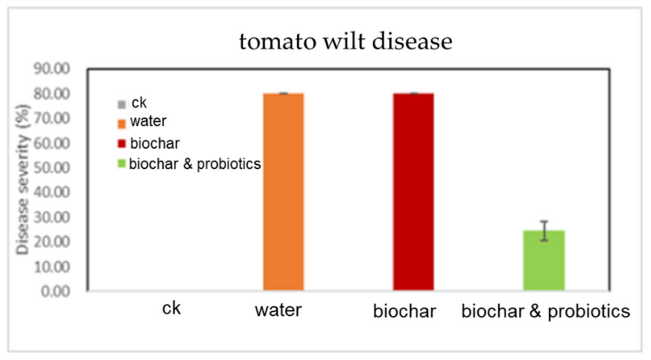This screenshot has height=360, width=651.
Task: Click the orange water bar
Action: [x=283, y=191]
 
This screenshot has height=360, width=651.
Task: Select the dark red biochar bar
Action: [x=413, y=191]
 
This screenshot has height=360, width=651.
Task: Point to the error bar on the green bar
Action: [x=544, y=231]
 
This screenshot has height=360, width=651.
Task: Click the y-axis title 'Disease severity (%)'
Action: [x=23, y=180]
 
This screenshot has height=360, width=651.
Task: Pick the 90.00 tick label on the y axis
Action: [x=52, y=69]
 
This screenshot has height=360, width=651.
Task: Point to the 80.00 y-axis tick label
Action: [x=52, y=94]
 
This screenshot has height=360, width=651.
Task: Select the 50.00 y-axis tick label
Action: [x=52, y=168]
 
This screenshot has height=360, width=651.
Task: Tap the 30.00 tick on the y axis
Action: [x=52, y=217]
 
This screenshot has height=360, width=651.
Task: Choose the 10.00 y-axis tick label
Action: [x=52, y=267]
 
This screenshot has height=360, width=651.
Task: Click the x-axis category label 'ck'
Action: [x=171, y=308]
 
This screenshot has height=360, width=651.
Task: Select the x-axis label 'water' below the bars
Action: [x=278, y=310]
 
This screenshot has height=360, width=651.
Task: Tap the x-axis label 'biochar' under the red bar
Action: [x=404, y=311]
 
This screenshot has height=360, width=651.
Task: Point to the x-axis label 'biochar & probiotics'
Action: [x=546, y=311]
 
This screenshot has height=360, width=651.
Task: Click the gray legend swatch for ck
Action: [x=122, y=104]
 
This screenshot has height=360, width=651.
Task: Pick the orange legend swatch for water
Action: [x=122, y=124]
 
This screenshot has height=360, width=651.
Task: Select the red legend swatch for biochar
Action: [x=122, y=144]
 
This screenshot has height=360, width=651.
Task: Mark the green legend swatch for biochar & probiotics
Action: [x=122, y=164]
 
